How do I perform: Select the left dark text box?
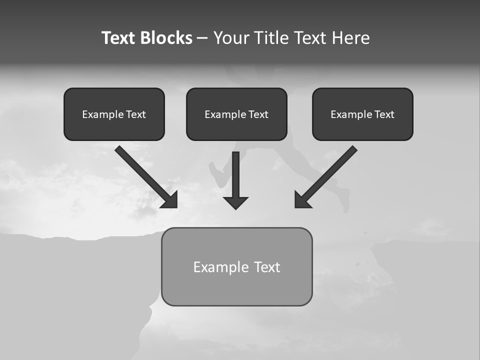click(x=114, y=114)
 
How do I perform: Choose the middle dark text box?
click(x=236, y=114)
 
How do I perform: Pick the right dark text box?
click(x=362, y=114)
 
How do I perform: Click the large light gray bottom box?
click(x=236, y=267)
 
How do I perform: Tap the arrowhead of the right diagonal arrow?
click(x=301, y=201)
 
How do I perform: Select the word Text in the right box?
click(x=384, y=114)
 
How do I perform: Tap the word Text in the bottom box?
click(x=267, y=267)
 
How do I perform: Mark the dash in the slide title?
click(x=202, y=38)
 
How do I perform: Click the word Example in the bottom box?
click(x=221, y=267)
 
